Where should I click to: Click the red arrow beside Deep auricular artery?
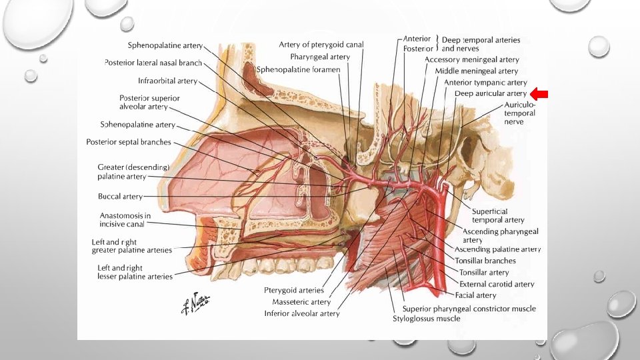pyautogui.click(x=539, y=94)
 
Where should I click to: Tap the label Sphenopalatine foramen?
pyautogui.click(x=299, y=69)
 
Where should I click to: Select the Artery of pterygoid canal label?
pyautogui.click(x=321, y=45)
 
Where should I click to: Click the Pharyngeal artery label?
pyautogui.click(x=320, y=57)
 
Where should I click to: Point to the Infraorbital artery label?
pyautogui.click(x=167, y=81)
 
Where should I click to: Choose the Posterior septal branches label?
pyautogui.click(x=129, y=142)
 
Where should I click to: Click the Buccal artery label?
pyautogui.click(x=120, y=197)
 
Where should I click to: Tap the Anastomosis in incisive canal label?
pyautogui.click(x=125, y=219)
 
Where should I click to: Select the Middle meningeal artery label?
pyautogui.click(x=477, y=71)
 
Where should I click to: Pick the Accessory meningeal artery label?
pyautogui.click(x=472, y=60)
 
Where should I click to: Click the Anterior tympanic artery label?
pyautogui.click(x=485, y=83)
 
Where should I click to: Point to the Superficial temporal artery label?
pyautogui.click(x=498, y=215)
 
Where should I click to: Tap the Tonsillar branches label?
pyautogui.click(x=485, y=261)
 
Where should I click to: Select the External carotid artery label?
pyautogui.click(x=497, y=284)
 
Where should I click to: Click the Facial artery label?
pyautogui.click(x=475, y=295)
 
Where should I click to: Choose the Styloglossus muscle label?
pyautogui.click(x=426, y=319)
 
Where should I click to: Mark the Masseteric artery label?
pyautogui.click(x=301, y=302)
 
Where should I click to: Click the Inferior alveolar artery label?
pyautogui.click(x=302, y=313)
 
